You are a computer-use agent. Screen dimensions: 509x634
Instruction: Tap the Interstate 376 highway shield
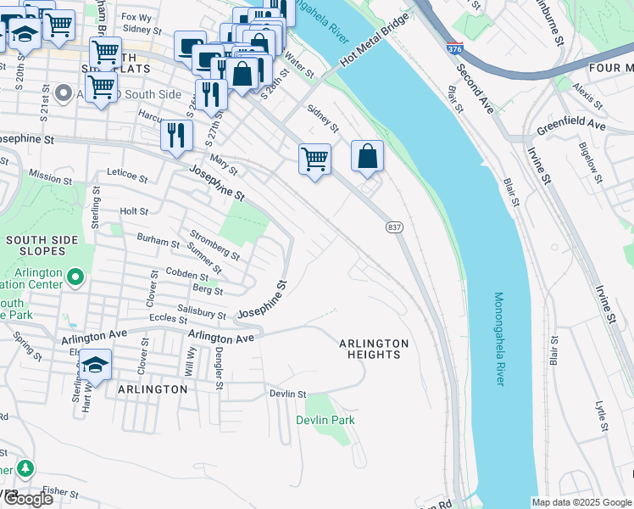(454, 49)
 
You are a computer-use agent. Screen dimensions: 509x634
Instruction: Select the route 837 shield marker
(394, 227)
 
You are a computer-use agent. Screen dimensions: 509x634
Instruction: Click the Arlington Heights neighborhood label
(374, 349)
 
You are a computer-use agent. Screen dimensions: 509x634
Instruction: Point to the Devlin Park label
(325, 420)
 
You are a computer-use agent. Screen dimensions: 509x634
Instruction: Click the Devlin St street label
(287, 394)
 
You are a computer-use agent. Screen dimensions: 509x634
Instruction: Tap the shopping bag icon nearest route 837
(367, 156)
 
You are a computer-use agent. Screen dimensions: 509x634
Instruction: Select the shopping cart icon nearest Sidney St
(314, 158)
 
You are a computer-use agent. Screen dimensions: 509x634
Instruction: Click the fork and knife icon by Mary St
(176, 135)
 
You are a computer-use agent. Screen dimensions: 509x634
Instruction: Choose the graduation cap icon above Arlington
(96, 366)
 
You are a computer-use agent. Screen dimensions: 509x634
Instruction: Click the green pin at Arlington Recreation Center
(75, 277)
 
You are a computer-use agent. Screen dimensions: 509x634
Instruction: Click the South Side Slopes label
(47, 246)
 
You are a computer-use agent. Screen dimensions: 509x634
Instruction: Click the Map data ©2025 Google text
(581, 502)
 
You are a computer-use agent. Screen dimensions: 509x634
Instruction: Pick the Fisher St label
(59, 490)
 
